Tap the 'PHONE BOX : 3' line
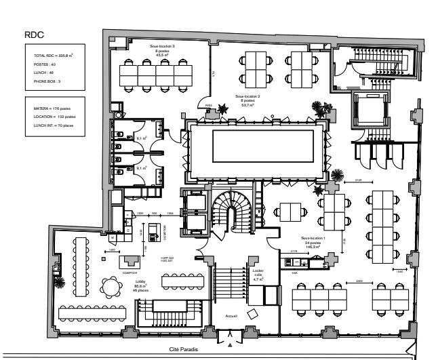click(x=47, y=81)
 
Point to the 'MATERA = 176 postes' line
click(x=52, y=107)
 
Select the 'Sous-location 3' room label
click(x=163, y=46)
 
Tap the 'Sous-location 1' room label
click(x=314, y=239)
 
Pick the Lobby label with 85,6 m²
click(x=141, y=281)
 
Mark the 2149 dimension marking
click(x=359, y=180)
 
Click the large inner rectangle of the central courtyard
click(x=263, y=144)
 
